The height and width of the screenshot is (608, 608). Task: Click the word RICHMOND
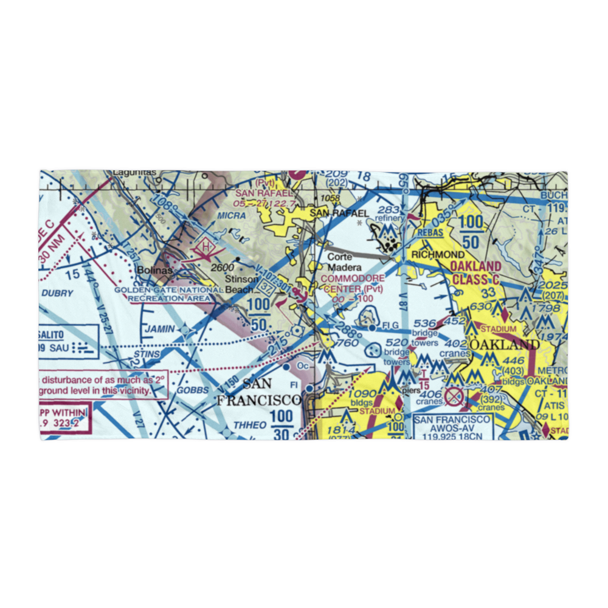click(438, 254)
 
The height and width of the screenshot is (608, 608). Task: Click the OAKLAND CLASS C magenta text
click(476, 273)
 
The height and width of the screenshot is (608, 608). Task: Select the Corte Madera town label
click(345, 262)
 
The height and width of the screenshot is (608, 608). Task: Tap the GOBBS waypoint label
click(193, 390)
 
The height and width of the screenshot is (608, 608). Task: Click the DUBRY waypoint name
click(58, 293)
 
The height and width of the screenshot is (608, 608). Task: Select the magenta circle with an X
click(454, 397)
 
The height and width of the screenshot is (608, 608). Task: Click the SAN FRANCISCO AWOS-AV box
click(452, 427)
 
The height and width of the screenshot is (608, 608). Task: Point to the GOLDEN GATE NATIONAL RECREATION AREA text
click(168, 294)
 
